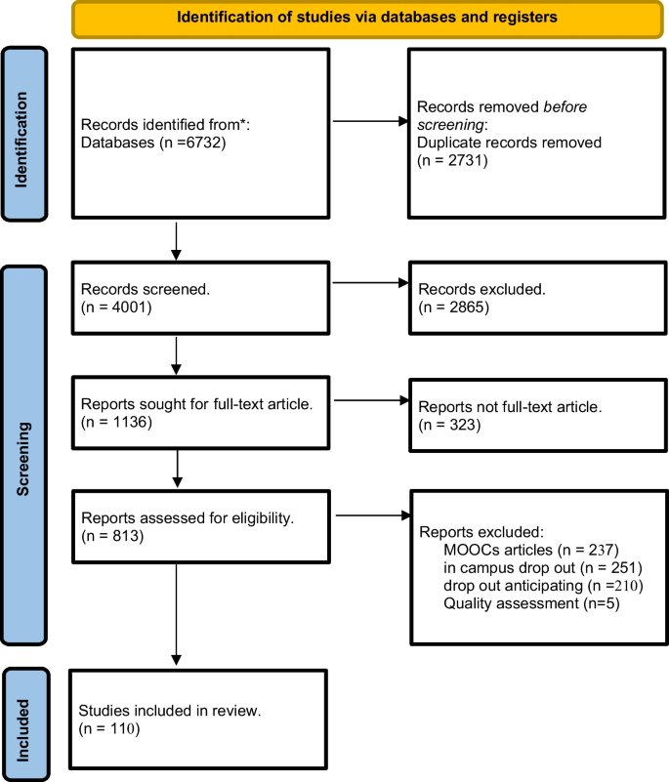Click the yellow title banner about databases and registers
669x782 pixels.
pos(369,17)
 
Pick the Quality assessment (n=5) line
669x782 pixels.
pos(517,603)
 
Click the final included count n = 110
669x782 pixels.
pos(111,726)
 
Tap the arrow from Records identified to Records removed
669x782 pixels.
pos(370,123)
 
